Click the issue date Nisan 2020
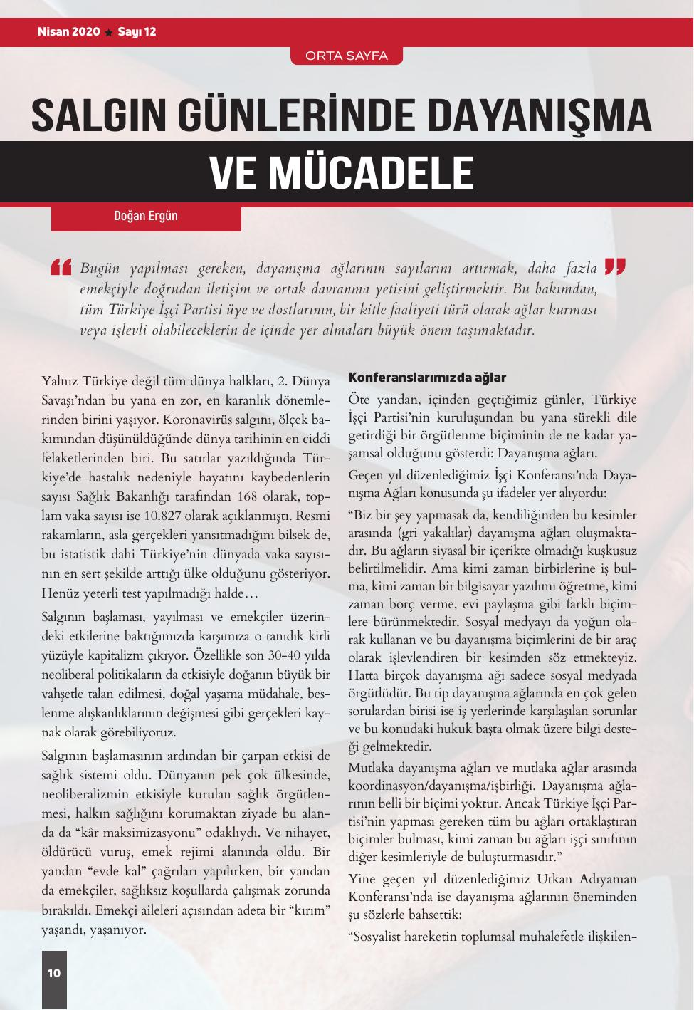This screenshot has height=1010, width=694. (68, 32)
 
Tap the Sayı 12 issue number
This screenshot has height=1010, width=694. (137, 32)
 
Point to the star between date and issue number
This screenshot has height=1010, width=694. (108, 33)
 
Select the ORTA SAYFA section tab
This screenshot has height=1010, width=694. (346, 56)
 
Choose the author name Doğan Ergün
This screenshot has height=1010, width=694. (146, 216)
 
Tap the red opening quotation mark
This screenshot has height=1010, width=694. (62, 267)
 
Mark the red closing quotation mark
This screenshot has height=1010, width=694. (614, 266)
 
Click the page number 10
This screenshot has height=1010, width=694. (54, 973)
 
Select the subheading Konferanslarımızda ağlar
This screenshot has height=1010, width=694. (427, 377)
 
